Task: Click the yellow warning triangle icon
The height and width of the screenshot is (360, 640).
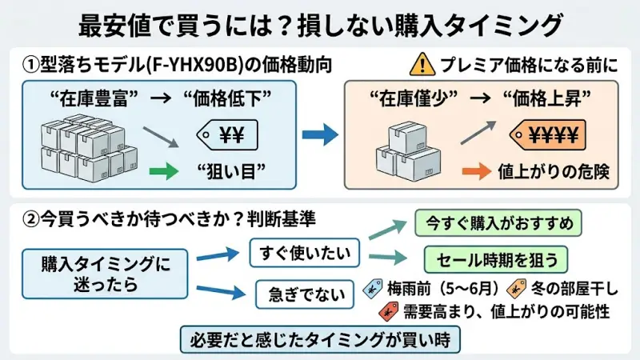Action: click(419, 64)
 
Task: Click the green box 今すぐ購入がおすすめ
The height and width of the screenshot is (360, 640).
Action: click(497, 223)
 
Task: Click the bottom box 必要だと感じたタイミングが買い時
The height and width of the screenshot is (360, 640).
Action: click(320, 340)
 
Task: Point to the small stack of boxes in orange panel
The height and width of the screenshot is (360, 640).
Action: click(407, 157)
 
